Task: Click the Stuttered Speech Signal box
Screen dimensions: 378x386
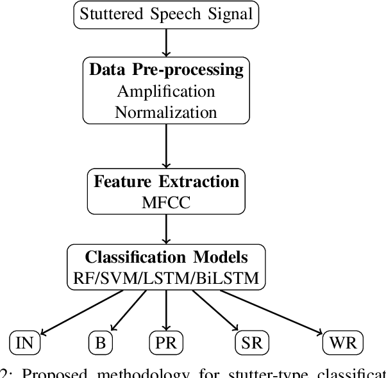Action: [167, 14]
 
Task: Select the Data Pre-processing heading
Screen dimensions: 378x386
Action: [167, 70]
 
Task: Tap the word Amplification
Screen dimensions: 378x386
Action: [167, 91]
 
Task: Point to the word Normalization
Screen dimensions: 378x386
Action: [167, 112]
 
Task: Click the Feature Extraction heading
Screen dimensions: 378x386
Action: [167, 181]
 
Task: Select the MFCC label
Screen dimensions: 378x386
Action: [167, 202]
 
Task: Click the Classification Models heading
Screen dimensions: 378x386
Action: [167, 258]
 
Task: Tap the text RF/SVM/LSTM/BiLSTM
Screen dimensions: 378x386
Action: [167, 279]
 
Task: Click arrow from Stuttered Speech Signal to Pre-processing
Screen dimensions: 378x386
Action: [167, 42]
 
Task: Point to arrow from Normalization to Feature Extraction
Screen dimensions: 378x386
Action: [167, 146]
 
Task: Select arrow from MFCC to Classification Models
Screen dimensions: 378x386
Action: [167, 230]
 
